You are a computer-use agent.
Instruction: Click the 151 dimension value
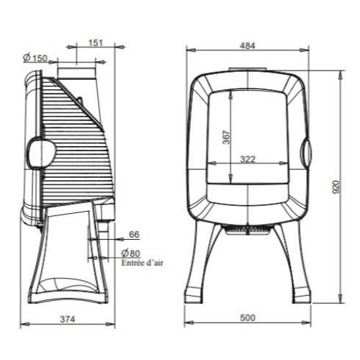(x=96, y=43)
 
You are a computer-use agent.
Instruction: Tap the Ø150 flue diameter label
(x=35, y=58)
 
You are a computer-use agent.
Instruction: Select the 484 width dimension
(x=248, y=46)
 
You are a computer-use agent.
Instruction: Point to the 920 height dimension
(x=336, y=187)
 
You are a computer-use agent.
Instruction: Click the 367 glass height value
(x=226, y=138)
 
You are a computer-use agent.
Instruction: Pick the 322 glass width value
(x=248, y=159)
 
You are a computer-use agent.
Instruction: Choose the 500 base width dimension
(x=248, y=318)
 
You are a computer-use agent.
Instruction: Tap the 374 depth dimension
(x=68, y=319)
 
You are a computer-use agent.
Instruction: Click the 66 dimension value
(x=134, y=234)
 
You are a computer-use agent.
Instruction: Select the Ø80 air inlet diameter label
(x=130, y=253)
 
